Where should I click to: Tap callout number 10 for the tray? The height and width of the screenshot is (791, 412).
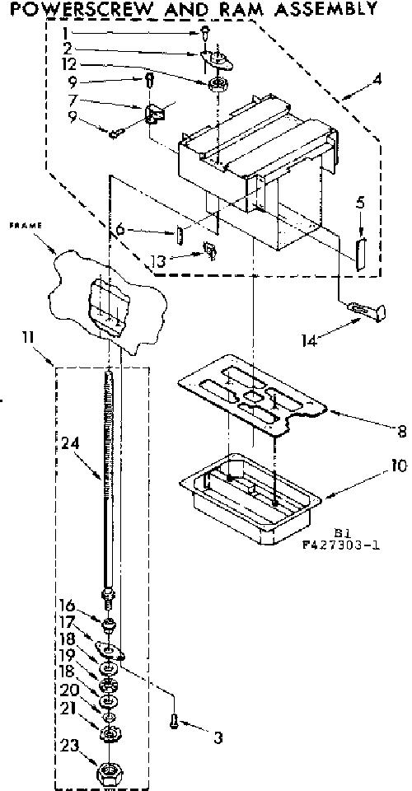[399, 465]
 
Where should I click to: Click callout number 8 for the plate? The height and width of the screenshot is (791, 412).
[402, 432]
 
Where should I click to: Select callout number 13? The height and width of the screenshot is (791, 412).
[157, 261]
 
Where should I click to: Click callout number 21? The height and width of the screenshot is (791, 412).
[69, 709]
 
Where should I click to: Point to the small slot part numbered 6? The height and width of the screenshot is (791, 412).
[181, 235]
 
